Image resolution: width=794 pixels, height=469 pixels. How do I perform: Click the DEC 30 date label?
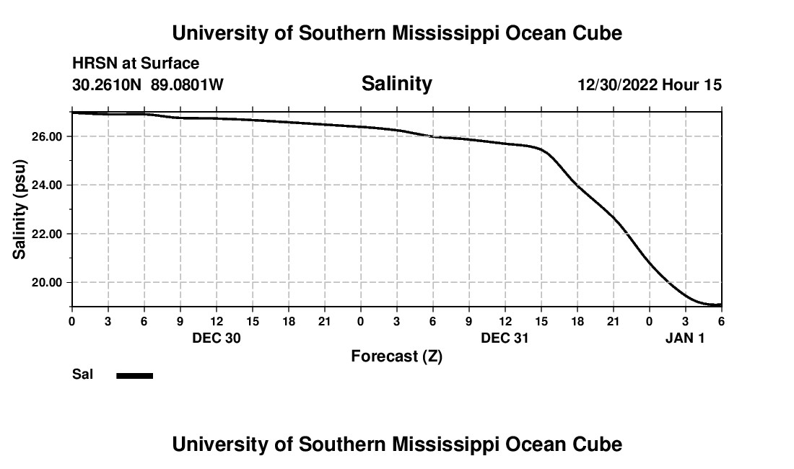(217, 338)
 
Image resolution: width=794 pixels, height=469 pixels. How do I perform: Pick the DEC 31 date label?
(505, 338)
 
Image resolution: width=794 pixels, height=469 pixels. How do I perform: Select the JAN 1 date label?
(684, 338)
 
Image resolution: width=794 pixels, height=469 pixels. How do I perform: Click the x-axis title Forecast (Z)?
(396, 356)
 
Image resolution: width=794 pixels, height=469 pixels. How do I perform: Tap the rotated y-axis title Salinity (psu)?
(20, 209)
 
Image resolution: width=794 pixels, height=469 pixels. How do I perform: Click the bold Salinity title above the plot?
(396, 84)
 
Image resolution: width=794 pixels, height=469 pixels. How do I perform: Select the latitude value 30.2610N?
(108, 85)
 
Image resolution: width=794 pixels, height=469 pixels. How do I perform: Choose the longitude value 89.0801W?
(187, 85)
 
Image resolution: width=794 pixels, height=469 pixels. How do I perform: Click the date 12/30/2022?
(617, 85)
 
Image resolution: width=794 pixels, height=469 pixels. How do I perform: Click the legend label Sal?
(82, 374)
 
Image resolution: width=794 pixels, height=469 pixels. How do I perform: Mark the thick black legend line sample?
(135, 375)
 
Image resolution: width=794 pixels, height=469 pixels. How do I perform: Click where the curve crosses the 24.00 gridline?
(576, 185)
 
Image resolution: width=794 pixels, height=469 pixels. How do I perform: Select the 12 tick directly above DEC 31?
(505, 321)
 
